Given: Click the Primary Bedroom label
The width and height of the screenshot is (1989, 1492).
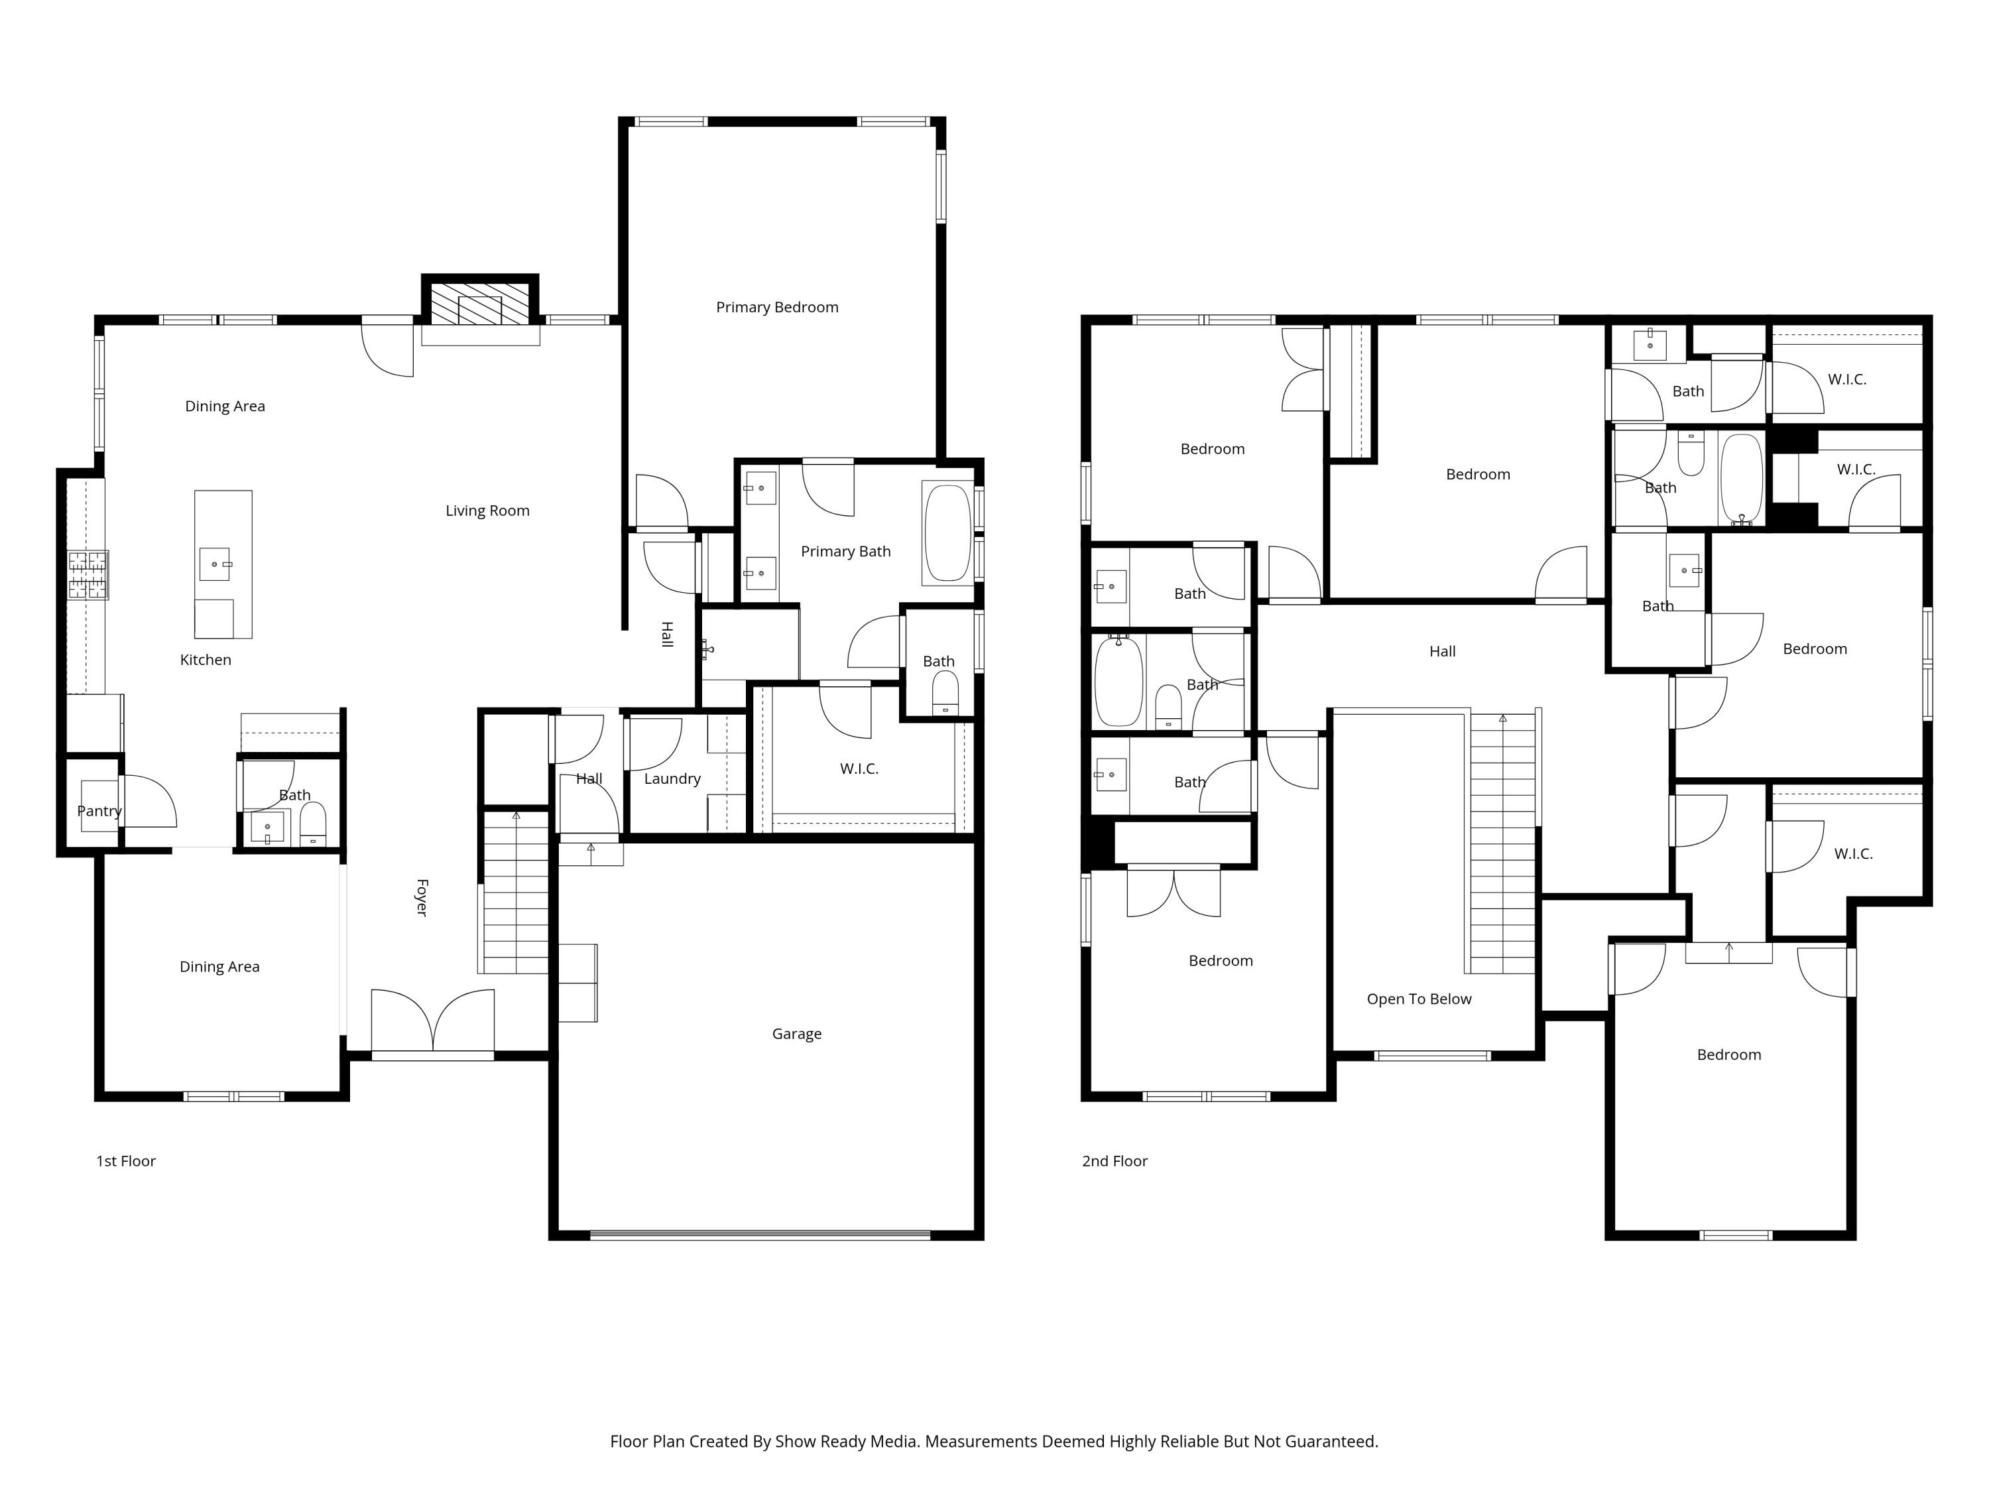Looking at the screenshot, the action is pyautogui.click(x=777, y=308).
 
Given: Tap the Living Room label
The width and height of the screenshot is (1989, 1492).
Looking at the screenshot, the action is pyautogui.click(x=487, y=511).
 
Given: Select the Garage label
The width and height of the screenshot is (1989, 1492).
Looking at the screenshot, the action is pyautogui.click(x=797, y=1034).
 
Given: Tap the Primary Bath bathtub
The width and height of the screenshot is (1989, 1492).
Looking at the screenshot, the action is pyautogui.click(x=947, y=533).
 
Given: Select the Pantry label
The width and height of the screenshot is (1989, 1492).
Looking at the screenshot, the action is pyautogui.click(x=99, y=811).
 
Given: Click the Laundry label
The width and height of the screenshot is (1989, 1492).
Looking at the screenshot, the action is pyautogui.click(x=672, y=779).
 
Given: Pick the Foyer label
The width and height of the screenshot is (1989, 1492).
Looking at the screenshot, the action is pyautogui.click(x=421, y=898).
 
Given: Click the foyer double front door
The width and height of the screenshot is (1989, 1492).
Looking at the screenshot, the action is pyautogui.click(x=432, y=1022).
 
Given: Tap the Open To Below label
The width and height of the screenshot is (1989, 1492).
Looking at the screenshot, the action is pyautogui.click(x=1419, y=999).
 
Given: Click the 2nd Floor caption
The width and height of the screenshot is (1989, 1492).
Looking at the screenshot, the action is pyautogui.click(x=1115, y=1161).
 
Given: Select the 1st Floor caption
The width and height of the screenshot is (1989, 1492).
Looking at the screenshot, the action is pyautogui.click(x=126, y=1161).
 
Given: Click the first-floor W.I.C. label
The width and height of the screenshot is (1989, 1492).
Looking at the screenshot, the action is pyautogui.click(x=859, y=769).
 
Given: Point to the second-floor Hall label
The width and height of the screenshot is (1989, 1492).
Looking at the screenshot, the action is pyautogui.click(x=1442, y=651).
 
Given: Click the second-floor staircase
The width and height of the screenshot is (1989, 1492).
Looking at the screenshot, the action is pyautogui.click(x=1502, y=843).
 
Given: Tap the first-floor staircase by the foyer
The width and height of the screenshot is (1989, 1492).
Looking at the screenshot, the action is pyautogui.click(x=516, y=892).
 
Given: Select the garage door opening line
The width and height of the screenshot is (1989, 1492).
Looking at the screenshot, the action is pyautogui.click(x=760, y=1235).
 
